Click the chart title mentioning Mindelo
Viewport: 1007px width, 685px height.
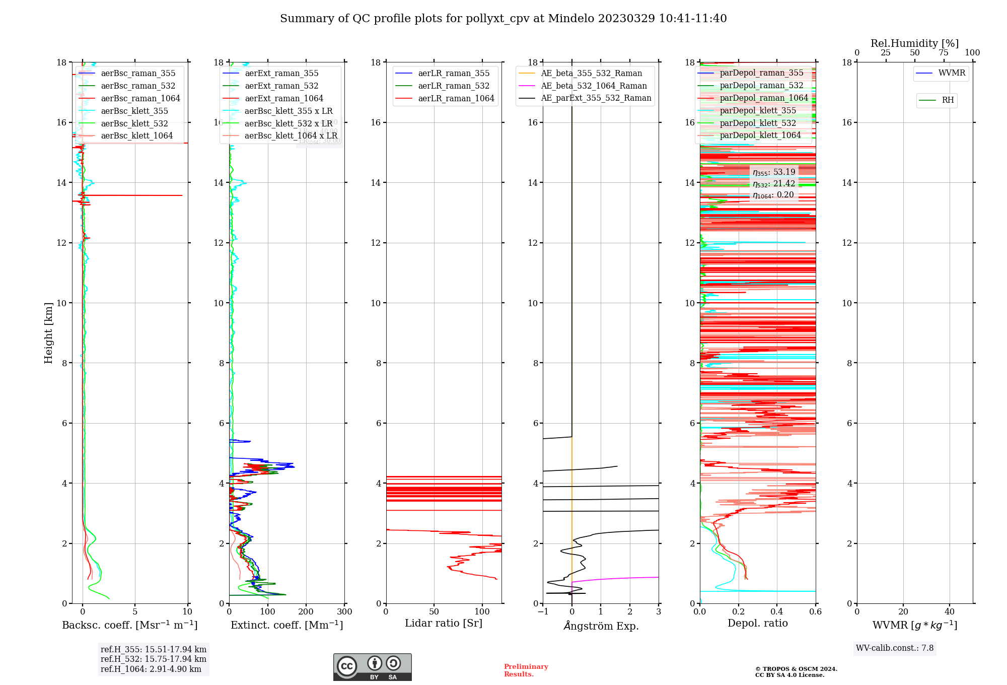(x=503, y=19)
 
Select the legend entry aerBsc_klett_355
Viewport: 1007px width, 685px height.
(x=134, y=111)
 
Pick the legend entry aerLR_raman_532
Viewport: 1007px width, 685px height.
(x=454, y=86)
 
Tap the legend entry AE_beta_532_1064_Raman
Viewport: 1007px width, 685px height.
(x=594, y=86)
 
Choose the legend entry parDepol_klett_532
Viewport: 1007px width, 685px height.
(x=758, y=123)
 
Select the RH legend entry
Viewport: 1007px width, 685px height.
(x=948, y=100)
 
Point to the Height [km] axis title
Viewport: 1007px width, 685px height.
(x=48, y=333)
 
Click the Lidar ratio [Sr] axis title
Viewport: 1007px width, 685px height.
(x=444, y=623)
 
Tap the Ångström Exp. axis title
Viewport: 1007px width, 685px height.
(x=601, y=626)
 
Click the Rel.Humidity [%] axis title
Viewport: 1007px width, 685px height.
(x=914, y=43)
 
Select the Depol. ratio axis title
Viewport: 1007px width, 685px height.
(x=757, y=623)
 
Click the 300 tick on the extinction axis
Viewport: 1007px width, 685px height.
(x=344, y=612)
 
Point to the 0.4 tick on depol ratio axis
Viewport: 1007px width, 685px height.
(x=777, y=612)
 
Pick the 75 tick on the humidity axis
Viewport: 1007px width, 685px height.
(x=943, y=53)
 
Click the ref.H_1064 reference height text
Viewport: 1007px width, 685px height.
(x=151, y=669)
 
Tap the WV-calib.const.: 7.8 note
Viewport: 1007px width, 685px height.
(x=894, y=648)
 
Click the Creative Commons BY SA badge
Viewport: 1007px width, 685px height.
(x=372, y=667)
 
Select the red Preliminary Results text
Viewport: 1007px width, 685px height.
(x=526, y=670)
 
